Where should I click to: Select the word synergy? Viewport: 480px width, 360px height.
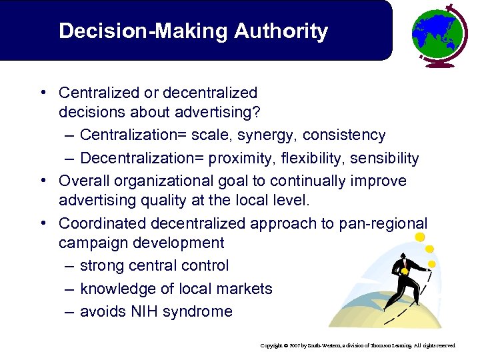269,135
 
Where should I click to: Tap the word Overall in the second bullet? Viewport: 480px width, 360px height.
84,181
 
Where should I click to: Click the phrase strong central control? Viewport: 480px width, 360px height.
154,265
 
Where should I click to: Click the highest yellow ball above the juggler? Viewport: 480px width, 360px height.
419,237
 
